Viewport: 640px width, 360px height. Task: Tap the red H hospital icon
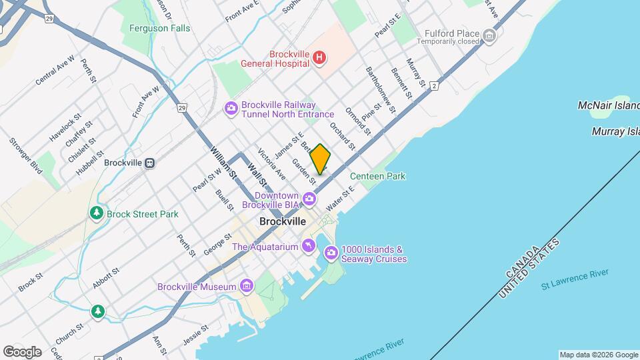319,58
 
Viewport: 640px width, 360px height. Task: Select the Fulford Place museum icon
490,35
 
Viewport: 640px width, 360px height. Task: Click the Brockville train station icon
150,163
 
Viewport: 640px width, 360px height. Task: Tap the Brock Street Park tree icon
97,214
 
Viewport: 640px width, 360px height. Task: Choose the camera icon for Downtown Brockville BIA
309,199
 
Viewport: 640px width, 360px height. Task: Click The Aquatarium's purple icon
308,247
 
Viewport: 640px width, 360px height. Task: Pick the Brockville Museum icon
247,287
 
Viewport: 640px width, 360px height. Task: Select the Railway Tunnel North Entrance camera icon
231,109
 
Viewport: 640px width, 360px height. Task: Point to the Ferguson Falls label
159,28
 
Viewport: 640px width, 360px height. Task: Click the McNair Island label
608,106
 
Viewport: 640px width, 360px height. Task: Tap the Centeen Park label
377,176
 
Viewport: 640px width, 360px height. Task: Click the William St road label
223,162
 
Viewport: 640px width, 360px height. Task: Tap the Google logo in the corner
22,351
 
